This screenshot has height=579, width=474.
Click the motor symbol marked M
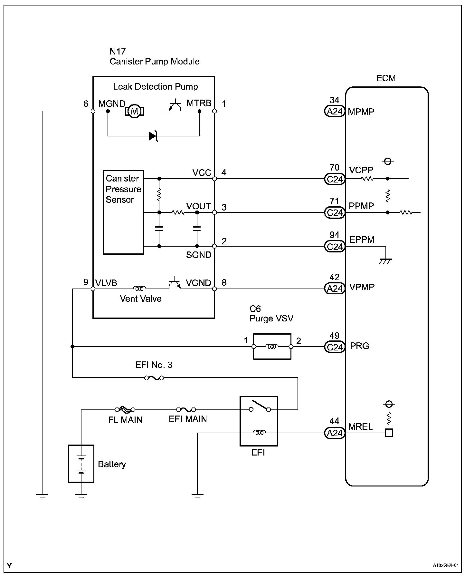134,112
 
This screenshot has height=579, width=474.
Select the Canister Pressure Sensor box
123,212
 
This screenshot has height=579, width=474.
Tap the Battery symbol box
81,464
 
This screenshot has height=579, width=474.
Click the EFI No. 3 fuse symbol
154,378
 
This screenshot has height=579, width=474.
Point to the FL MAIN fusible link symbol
125,410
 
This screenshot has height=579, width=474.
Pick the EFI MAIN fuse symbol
186,410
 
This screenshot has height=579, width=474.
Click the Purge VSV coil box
272,347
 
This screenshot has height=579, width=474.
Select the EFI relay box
259,421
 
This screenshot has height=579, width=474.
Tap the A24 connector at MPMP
335,112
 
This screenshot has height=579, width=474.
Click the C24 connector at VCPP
335,179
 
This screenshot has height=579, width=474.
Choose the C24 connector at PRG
335,347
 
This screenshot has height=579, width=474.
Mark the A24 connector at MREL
335,433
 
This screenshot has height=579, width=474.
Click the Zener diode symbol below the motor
154,136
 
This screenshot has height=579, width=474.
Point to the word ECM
386,78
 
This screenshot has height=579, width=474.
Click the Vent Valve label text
141,299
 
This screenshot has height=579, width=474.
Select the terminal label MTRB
199,103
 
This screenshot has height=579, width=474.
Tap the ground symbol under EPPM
385,261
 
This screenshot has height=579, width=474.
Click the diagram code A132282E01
446,565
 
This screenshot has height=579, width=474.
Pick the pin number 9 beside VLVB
86,282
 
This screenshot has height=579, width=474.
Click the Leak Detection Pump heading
155,87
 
